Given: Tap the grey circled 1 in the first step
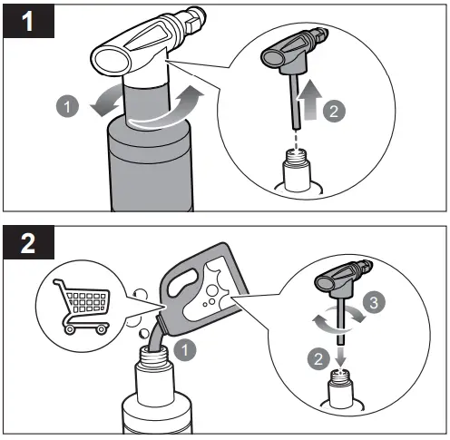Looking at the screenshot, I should click(65, 107).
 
